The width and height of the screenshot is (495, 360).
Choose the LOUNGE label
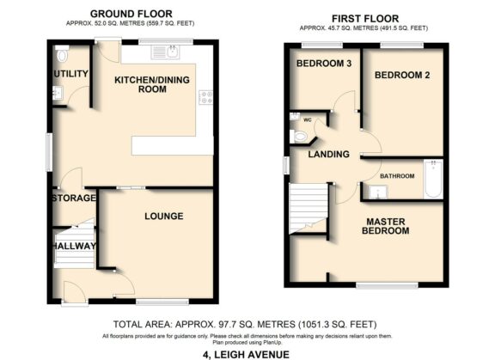[163, 216]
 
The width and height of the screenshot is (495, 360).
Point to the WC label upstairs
[307, 119]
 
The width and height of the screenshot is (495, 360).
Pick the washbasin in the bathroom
[375, 191]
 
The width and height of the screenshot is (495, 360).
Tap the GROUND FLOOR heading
[131, 14]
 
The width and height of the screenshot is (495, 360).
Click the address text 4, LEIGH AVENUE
[247, 353]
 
